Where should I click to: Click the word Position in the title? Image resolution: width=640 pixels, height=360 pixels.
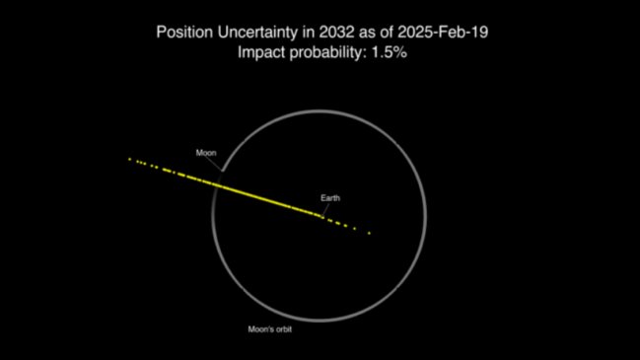(x=184, y=32)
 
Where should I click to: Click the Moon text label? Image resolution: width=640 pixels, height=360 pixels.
(x=204, y=153)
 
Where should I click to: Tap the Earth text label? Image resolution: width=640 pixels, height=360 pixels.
(x=330, y=198)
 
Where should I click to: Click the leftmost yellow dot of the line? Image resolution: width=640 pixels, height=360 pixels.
(x=129, y=158)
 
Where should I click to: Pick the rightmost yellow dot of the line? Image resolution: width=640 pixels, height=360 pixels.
(x=369, y=233)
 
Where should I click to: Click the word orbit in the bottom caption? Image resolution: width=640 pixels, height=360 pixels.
(x=284, y=328)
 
